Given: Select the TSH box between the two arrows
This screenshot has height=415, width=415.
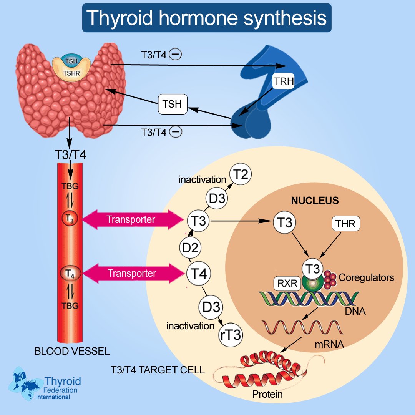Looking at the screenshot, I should point(173,104).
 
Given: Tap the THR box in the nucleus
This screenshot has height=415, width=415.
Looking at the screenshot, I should point(345,223).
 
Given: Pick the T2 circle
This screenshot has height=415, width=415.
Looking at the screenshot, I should point(240,175).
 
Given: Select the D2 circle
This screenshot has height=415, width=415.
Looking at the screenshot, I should point(190,249).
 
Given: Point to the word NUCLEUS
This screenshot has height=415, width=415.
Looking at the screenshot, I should point(315,201).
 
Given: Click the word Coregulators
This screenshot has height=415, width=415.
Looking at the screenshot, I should point(367,277).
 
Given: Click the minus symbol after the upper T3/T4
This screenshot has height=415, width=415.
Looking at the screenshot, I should point(176,55).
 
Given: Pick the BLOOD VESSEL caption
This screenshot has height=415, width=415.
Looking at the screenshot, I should point(72,351).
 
